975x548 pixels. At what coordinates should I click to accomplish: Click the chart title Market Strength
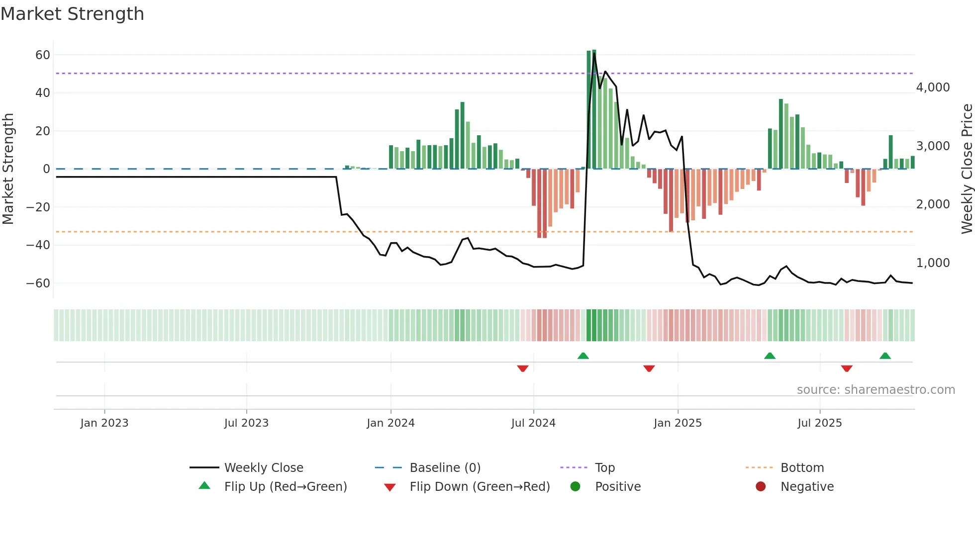pyautogui.click(x=72, y=14)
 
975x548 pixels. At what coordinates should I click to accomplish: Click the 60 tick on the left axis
pyautogui.click(x=43, y=55)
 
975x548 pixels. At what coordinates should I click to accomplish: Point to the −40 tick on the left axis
pyautogui.click(x=38, y=245)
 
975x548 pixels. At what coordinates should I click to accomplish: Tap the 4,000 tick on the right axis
pyautogui.click(x=933, y=88)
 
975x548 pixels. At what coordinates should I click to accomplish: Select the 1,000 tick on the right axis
pyautogui.click(x=933, y=263)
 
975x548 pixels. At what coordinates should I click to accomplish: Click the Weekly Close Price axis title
pyautogui.click(x=967, y=169)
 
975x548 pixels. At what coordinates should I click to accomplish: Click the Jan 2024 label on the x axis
pyautogui.click(x=390, y=423)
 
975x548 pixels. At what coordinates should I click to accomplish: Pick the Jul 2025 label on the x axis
pyautogui.click(x=819, y=423)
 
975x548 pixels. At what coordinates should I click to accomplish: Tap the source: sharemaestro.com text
pyautogui.click(x=876, y=390)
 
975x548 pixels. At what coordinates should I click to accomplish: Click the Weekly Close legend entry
pyautogui.click(x=263, y=468)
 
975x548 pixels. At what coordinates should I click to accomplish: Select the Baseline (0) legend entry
pyautogui.click(x=445, y=468)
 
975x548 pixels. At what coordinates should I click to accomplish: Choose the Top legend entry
pyautogui.click(x=604, y=468)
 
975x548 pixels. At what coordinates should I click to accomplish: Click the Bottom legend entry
pyautogui.click(x=802, y=468)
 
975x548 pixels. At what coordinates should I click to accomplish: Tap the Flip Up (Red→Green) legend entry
pyautogui.click(x=285, y=487)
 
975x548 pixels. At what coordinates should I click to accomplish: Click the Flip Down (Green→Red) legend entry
pyautogui.click(x=480, y=487)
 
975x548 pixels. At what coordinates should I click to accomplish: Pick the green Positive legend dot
pyautogui.click(x=576, y=487)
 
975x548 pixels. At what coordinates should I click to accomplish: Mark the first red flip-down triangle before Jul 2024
pyautogui.click(x=522, y=368)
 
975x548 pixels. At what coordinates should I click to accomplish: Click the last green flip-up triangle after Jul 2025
pyautogui.click(x=885, y=356)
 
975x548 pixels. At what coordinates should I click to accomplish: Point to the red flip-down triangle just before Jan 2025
pyautogui.click(x=649, y=368)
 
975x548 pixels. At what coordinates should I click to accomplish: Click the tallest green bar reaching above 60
pyautogui.click(x=594, y=109)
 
